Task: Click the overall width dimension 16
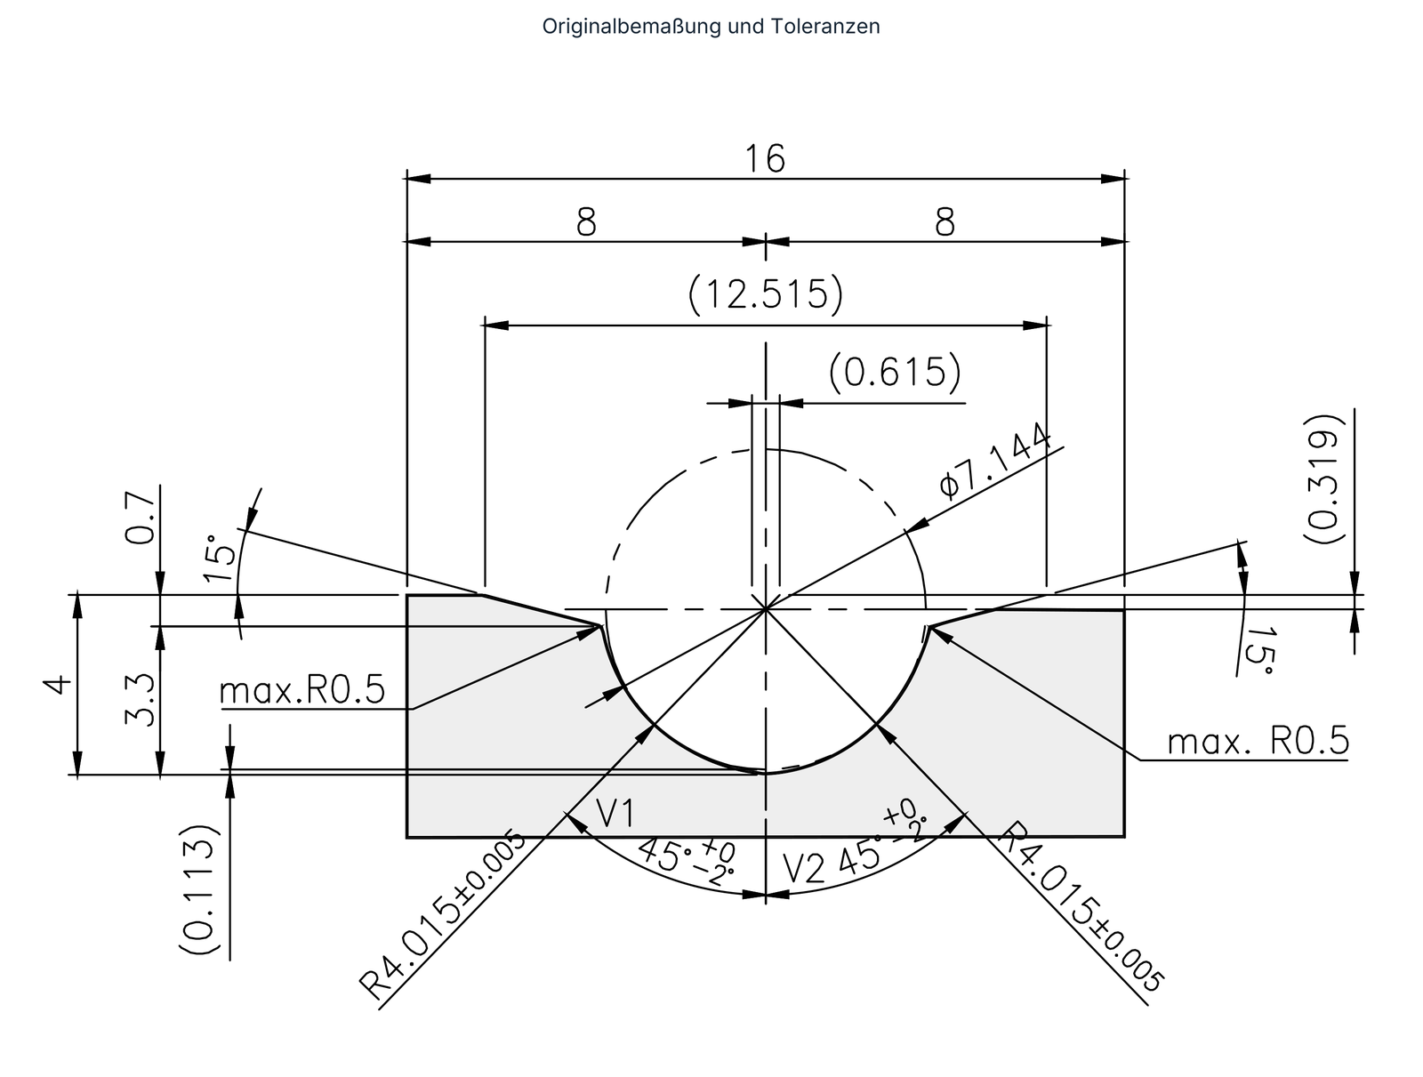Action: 765,159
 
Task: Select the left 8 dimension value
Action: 585,222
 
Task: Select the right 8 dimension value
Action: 945,222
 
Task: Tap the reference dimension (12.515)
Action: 766,294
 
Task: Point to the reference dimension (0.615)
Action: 895,373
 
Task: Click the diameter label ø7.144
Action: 995,461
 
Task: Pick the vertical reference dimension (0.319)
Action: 1323,478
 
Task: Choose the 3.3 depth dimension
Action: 140,700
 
